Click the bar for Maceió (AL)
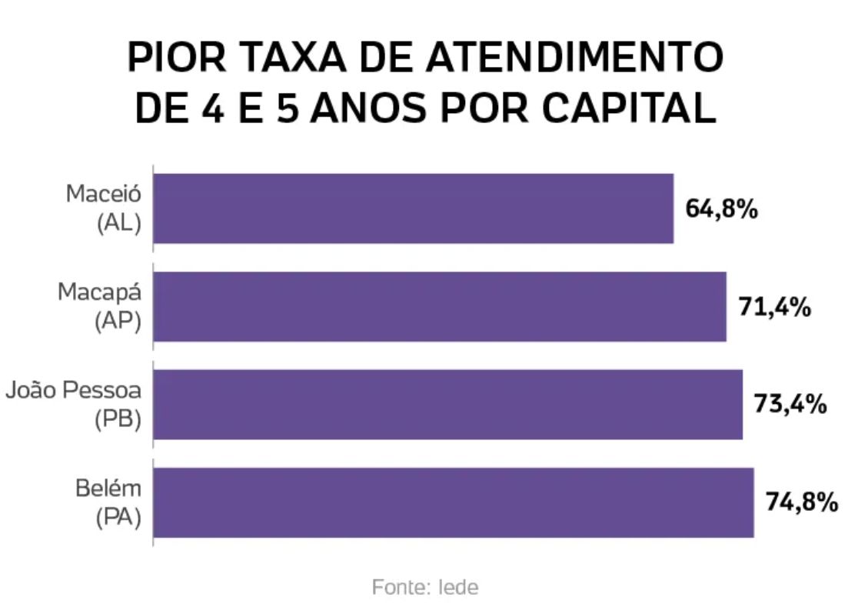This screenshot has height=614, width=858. tap(414, 209)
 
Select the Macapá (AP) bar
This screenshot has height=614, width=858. tap(440, 306)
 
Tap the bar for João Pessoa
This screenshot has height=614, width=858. tap(448, 405)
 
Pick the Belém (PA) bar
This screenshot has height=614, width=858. tap(454, 502)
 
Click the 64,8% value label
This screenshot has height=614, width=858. tap(722, 209)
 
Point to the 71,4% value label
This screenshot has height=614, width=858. tap(775, 307)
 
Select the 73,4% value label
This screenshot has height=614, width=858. tap(790, 405)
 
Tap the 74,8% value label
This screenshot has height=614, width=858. tap(801, 502)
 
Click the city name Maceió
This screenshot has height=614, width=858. tap(104, 194)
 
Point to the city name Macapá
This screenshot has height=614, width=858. tap(100, 292)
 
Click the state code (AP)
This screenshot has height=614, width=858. tap(118, 322)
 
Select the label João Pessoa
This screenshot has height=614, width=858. tap(74, 391)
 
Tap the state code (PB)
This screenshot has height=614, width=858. tap(118, 421)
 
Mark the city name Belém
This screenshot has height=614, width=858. tap(108, 489)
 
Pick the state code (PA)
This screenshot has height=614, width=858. tap(118, 519)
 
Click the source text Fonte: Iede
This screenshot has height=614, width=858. tap(425, 588)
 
